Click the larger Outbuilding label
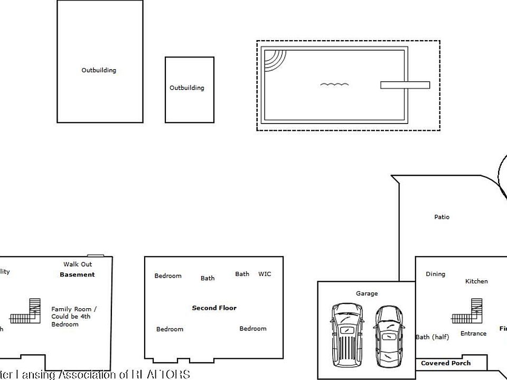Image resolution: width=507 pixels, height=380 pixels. coord(99,70)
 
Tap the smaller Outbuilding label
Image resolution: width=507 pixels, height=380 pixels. coord(186,88)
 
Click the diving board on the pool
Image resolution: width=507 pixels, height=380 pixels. coord(405,85)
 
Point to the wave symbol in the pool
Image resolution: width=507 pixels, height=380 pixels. coord(334,84)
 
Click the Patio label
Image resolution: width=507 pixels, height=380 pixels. coord(442,217)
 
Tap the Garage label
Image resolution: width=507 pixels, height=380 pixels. coord(367,293)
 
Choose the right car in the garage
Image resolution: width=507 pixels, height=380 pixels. coord(388,338)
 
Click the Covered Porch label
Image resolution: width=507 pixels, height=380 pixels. coord(446,363)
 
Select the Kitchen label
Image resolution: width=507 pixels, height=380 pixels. coord(476,281)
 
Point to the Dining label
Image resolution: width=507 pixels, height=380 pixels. coord(435,274)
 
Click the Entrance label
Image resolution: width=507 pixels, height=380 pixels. coord(473,334)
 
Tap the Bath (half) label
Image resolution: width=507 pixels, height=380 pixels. coord(432,337)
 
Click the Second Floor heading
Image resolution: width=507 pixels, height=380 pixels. coord(214,308)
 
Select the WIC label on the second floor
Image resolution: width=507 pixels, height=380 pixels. coord(265,274)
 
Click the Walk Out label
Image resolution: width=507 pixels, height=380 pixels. coord(78,264)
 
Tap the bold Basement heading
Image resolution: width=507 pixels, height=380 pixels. coord(77,274)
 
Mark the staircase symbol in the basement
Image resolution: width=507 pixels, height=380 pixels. coord(26,311)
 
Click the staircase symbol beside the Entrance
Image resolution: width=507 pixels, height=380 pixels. coord(468,311)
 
